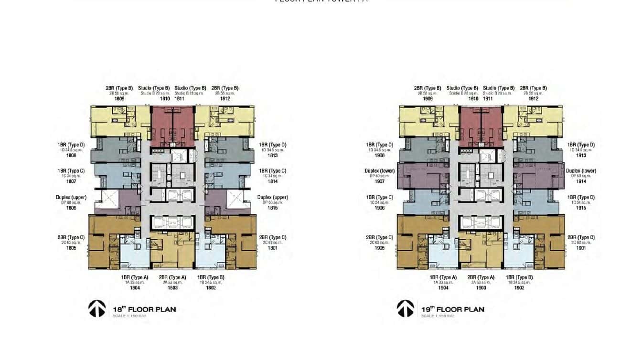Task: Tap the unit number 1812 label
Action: (225, 99)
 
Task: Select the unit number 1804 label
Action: (135, 288)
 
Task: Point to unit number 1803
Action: (172, 288)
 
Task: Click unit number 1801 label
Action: (272, 248)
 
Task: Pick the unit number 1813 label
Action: (272, 155)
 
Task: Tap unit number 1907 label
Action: (380, 181)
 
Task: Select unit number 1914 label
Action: (581, 181)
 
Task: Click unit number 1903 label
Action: (481, 288)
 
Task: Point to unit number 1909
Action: (428, 99)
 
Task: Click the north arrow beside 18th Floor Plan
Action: (97, 308)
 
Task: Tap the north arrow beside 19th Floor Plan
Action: (406, 308)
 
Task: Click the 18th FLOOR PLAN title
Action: (144, 309)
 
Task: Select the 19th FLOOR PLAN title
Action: (453, 309)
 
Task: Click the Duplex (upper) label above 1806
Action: (71, 197)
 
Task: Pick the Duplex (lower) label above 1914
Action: (581, 171)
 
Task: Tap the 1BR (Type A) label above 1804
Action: (135, 277)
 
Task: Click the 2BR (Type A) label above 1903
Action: (481, 277)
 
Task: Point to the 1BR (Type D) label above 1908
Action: (380, 145)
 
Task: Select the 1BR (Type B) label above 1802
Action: (211, 277)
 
